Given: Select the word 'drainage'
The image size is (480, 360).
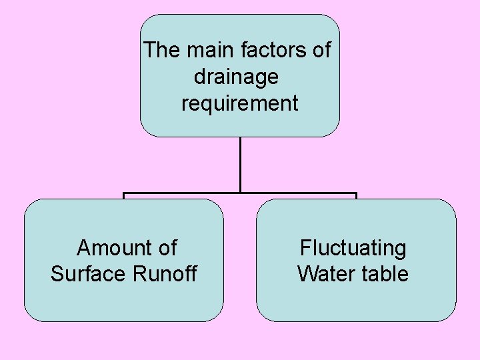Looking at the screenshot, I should point(236,77).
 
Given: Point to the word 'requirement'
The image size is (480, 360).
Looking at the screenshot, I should point(240,103).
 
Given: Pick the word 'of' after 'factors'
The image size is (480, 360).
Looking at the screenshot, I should point(321,50).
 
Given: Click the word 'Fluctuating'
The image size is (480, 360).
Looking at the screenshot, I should point(353,248).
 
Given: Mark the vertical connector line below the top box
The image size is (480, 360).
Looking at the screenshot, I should point(240,163).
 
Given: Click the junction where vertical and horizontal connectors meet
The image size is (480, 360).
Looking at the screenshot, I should point(240,193).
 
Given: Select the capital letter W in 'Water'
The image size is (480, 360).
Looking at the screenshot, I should point(307,274).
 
